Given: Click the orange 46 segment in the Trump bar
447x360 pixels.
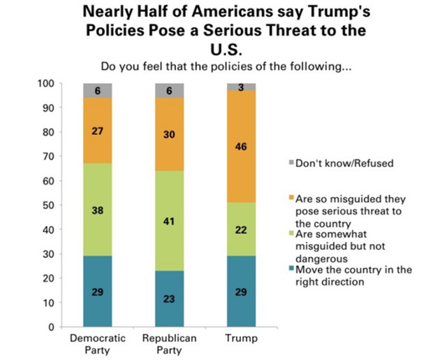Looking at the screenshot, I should pos(242,147).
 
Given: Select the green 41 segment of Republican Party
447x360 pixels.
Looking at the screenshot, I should pos(170,221).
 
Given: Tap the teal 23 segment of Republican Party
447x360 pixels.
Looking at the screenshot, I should pos(170,298).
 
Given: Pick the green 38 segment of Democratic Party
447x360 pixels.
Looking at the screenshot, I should pos(98,210).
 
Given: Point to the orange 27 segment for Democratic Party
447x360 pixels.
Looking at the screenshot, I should pos(98,131).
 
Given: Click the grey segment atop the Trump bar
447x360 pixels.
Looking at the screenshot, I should pos(242,86).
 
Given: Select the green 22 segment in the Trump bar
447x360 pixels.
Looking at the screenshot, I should pos(242,229).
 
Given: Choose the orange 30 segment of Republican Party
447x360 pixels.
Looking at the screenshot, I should pos(170,134).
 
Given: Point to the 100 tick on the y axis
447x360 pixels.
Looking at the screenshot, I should pos(47,84).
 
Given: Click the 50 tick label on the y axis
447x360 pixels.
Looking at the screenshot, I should pos(50,205).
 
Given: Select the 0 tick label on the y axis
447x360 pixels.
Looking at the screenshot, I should pos(52,326).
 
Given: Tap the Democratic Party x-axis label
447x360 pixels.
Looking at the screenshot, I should pos(98,344).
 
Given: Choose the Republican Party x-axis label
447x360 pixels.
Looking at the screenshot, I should pos(170,344).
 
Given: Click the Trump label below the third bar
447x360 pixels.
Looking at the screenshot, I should pos(242,338).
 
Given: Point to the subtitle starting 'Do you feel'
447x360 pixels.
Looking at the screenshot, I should pos(223,67).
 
